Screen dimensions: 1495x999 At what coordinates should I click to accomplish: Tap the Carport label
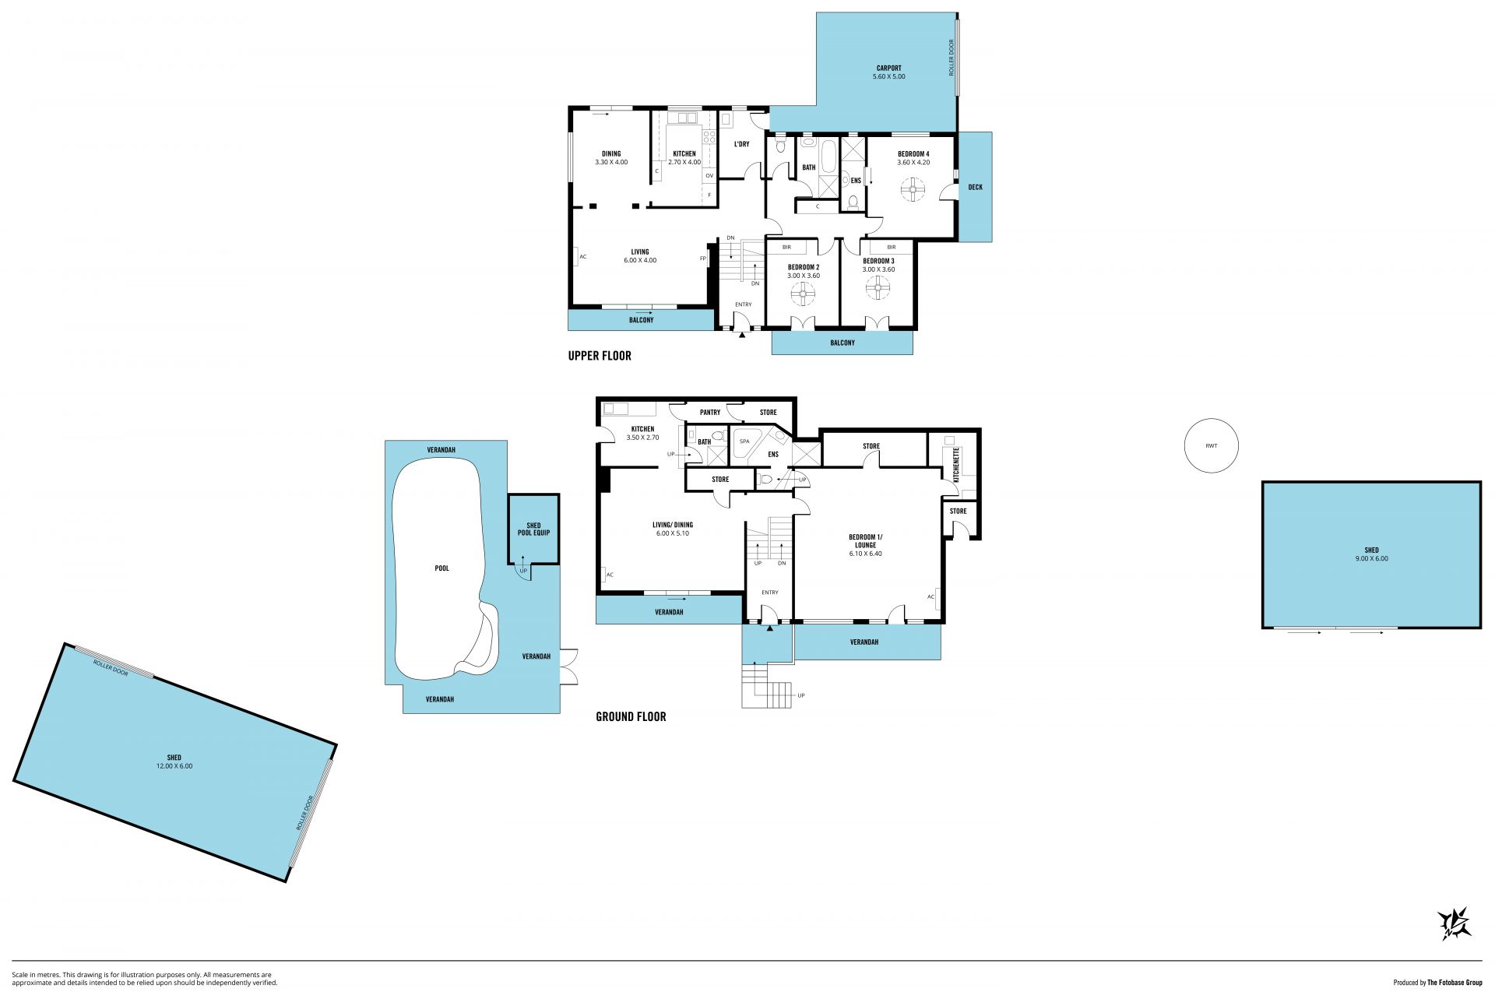click(888, 68)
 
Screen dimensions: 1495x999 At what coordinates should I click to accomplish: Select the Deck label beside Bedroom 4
click(975, 187)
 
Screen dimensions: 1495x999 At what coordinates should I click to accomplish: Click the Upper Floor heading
click(600, 356)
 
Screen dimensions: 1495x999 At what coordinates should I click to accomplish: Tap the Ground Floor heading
click(631, 716)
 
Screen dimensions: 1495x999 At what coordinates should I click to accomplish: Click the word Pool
click(442, 568)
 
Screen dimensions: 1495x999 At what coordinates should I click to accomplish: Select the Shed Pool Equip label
click(533, 529)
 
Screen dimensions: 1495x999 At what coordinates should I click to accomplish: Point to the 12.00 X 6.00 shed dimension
click(174, 766)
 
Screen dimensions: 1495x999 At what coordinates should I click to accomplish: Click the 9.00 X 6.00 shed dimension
click(1371, 559)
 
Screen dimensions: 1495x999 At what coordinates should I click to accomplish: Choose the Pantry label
click(710, 413)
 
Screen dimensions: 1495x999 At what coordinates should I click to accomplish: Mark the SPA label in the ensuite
click(744, 441)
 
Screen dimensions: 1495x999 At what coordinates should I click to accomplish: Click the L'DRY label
click(741, 144)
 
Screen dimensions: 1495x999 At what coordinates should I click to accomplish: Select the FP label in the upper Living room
click(702, 259)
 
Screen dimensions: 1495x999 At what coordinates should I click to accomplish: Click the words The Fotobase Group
click(1455, 983)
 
